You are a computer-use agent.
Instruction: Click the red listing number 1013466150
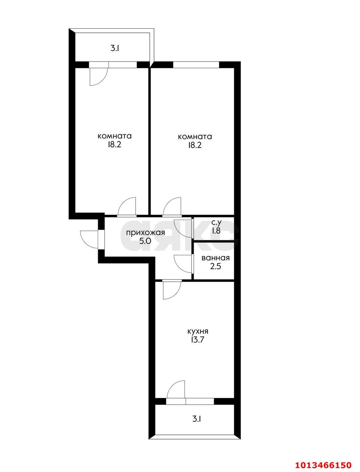(x=323, y=459)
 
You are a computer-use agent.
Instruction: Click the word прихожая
(x=146, y=233)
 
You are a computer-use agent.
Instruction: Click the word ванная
(x=216, y=258)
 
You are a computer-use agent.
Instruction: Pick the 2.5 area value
(x=216, y=267)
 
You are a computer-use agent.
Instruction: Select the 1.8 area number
(x=216, y=231)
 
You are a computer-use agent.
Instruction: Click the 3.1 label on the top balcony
(x=115, y=49)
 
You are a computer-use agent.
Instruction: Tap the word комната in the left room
(x=115, y=136)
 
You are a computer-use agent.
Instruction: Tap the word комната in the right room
(x=195, y=137)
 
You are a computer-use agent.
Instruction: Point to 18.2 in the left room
(x=115, y=145)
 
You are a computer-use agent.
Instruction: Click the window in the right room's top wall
(x=196, y=65)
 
